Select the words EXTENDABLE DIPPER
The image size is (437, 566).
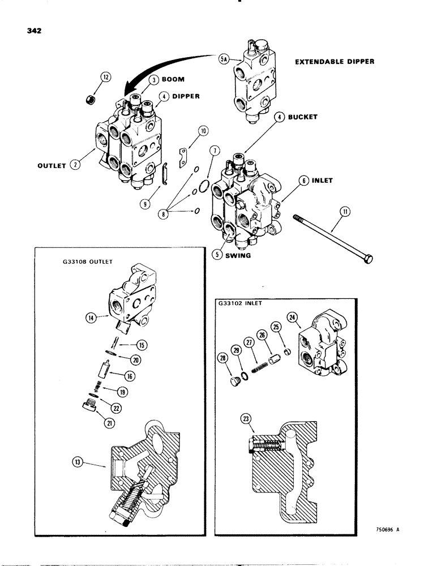coord(335,61)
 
